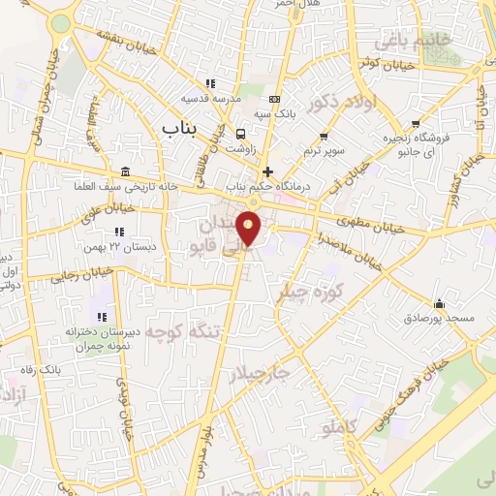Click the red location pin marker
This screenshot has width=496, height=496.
tap(250, 227)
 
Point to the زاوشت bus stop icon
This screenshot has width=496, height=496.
tap(240, 134)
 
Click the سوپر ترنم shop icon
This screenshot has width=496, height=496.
tap(324, 137)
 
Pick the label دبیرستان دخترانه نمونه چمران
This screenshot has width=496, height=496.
tap(103, 338)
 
